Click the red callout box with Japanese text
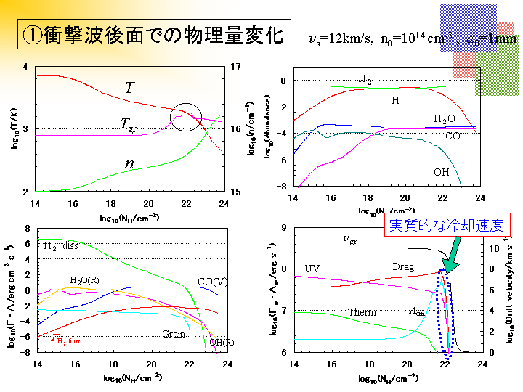tap(446, 225)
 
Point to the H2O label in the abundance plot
tap(445, 118)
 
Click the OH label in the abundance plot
tap(441, 172)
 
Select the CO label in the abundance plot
tap(453, 136)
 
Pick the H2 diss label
tap(61, 245)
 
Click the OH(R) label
tap(221, 342)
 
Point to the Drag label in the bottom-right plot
tap(403, 267)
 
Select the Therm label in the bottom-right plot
tap(362, 313)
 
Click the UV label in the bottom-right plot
tap(312, 269)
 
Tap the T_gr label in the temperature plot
tap(128, 123)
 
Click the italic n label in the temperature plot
tap(129, 164)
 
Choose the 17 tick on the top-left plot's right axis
tap(237, 67)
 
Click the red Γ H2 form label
tap(65, 338)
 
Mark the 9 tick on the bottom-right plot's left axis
tap(283, 228)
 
